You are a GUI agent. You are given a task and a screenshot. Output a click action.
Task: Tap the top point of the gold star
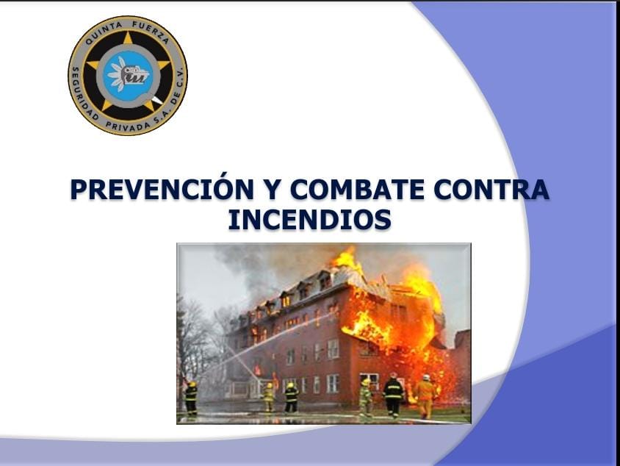pyautogui.click(x=128, y=32)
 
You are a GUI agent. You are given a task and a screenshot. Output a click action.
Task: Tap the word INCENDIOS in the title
pyautogui.click(x=309, y=219)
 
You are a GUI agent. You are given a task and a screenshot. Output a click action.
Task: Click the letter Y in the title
pyautogui.click(x=272, y=189)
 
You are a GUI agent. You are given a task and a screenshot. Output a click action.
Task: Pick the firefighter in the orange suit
pyautogui.click(x=425, y=396)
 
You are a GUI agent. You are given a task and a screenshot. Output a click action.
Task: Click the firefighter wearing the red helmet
pyautogui.click(x=393, y=395)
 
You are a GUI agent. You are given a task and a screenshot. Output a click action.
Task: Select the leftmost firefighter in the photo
pyautogui.click(x=192, y=398)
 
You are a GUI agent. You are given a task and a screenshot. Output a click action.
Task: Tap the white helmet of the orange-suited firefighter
pyautogui.click(x=426, y=377)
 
